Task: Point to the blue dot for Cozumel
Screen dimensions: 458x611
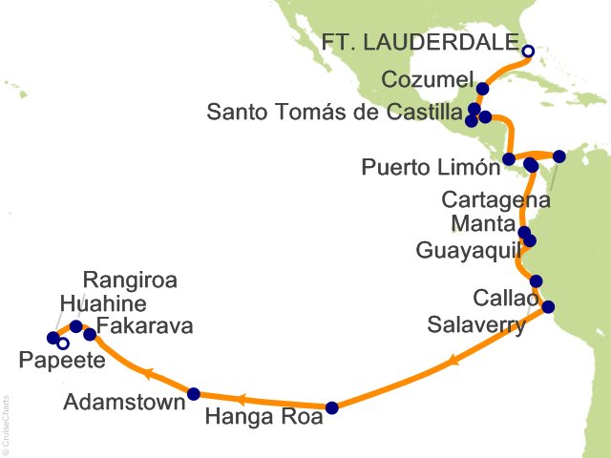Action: (x=482, y=89)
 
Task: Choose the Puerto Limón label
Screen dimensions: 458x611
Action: (x=432, y=169)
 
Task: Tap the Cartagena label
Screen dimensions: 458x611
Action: (x=495, y=200)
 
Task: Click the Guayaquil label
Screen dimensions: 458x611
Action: (x=467, y=251)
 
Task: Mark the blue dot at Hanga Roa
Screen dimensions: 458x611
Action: (x=331, y=407)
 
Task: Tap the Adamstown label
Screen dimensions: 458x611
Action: (x=124, y=402)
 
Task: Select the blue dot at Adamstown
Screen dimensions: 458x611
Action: (x=194, y=393)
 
